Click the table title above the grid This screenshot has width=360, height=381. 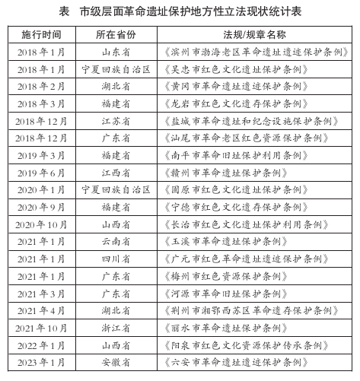coord(180,11)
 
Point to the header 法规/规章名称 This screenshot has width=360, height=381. coord(254,35)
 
